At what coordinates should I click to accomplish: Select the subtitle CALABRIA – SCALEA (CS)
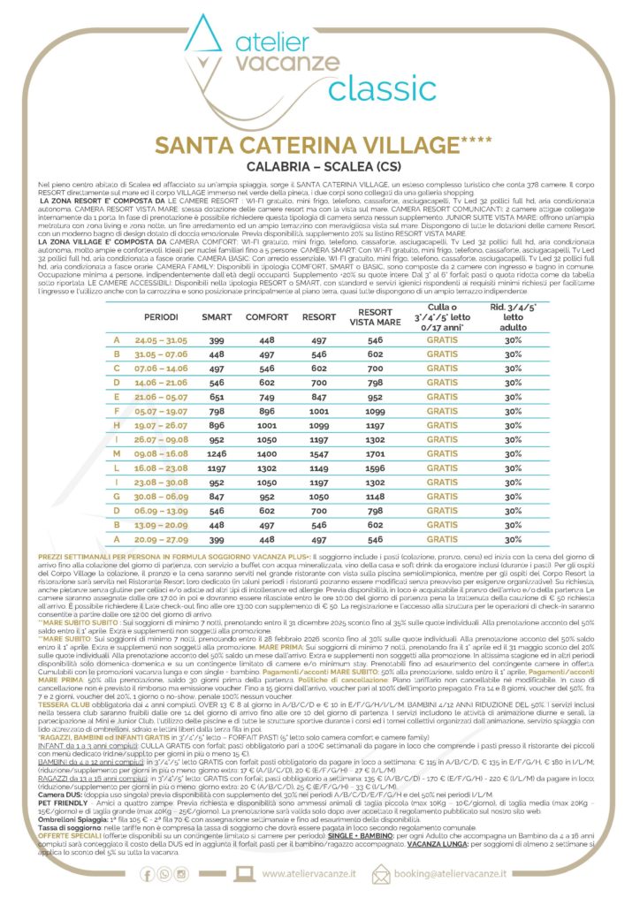pyautogui.click(x=319, y=165)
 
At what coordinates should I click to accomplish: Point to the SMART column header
pyautogui.click(x=217, y=315)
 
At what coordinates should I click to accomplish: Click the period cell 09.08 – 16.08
pyautogui.click(x=161, y=452)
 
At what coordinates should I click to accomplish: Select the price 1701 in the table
pyautogui.click(x=375, y=452)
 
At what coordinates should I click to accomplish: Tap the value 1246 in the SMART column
pyautogui.click(x=217, y=452)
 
